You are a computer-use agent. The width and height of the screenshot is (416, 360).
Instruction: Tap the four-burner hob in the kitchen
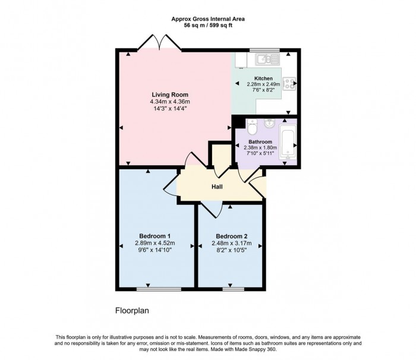[289, 84]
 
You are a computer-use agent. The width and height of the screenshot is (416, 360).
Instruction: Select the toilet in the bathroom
[252, 127]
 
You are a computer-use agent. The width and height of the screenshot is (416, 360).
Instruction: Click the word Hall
[217, 187]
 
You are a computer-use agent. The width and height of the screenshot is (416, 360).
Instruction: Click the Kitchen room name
[263, 78]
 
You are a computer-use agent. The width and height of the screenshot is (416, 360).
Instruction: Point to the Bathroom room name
[260, 142]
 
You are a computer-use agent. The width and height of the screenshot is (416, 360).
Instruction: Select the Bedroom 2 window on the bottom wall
[234, 289]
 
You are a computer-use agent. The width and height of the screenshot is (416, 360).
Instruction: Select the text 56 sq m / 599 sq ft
[207, 26]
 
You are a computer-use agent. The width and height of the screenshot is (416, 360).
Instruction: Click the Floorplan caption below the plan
[131, 311]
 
